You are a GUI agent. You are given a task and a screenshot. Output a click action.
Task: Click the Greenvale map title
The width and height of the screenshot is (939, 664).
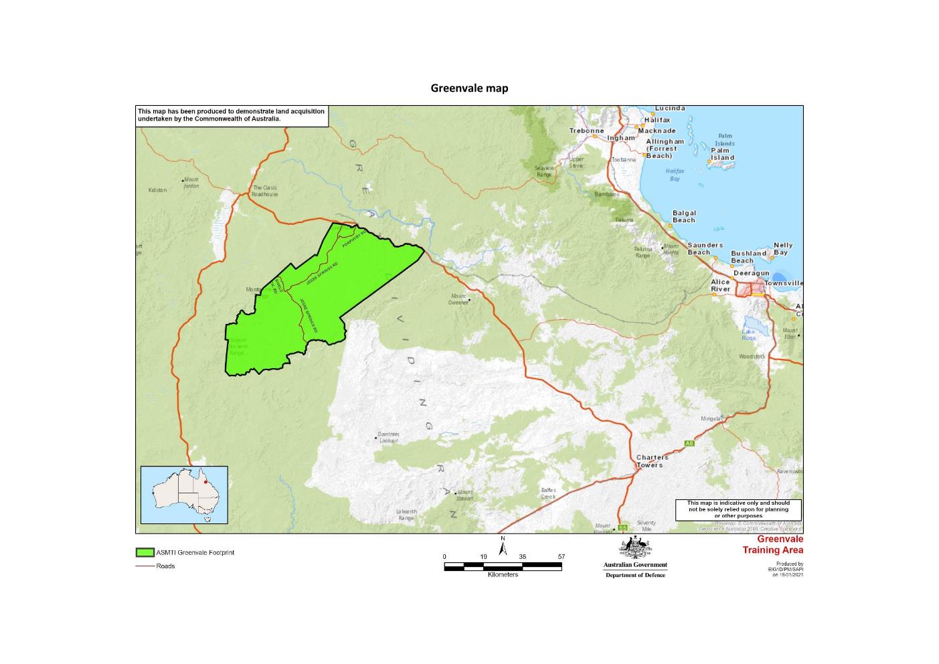click(469, 88)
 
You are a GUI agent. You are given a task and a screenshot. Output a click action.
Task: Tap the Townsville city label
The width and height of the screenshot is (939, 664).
click(784, 283)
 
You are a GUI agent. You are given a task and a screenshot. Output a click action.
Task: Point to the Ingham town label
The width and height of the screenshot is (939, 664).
click(621, 138)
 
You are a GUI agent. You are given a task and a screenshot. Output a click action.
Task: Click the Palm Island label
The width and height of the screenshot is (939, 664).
click(722, 154)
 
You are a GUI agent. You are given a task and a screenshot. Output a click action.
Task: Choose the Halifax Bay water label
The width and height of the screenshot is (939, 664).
click(675, 175)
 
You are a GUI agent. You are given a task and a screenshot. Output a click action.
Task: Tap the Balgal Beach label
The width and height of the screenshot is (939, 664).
click(683, 216)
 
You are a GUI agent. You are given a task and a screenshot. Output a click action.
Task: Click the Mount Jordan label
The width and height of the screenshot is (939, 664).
click(191, 183)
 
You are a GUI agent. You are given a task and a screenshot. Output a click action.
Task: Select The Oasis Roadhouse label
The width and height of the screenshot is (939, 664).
click(265, 191)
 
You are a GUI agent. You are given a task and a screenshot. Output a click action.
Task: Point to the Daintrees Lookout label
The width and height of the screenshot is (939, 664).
click(389, 437)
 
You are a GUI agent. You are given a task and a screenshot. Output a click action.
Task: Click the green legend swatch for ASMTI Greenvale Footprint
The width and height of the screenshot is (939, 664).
click(145, 553)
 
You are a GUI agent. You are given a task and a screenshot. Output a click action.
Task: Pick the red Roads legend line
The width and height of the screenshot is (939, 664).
click(145, 566)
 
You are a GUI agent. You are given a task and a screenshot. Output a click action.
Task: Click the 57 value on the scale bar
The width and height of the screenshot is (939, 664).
click(561, 557)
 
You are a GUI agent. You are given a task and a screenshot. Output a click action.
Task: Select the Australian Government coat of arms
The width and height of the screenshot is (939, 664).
click(635, 548)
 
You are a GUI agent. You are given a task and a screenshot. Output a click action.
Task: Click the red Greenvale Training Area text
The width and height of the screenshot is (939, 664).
click(773, 545)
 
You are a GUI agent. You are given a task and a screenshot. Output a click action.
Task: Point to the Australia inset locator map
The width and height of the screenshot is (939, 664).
click(184, 495)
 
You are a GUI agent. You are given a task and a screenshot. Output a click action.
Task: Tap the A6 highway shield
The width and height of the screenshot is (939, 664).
click(690, 444)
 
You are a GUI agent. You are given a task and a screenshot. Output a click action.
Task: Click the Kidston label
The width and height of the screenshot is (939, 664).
click(157, 190)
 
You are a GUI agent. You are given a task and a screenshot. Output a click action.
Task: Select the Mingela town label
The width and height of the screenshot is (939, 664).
click(710, 419)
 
